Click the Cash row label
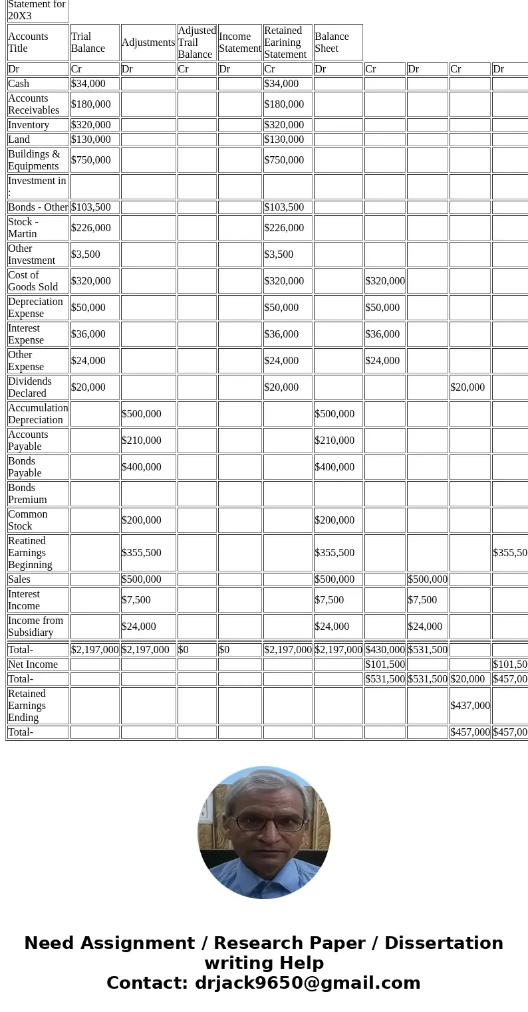(19, 84)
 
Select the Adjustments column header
(148, 43)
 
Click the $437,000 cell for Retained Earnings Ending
(469, 706)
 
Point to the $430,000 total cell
(384, 650)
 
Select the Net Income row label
(33, 664)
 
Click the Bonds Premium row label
(27, 494)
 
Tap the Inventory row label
(29, 125)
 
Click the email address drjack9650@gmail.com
(307, 983)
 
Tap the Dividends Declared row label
(29, 387)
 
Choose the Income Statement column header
(239, 43)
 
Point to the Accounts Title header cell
(28, 43)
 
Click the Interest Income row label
(24, 600)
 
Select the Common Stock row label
(27, 520)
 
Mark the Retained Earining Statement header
(285, 43)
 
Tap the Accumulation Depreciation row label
(38, 414)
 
